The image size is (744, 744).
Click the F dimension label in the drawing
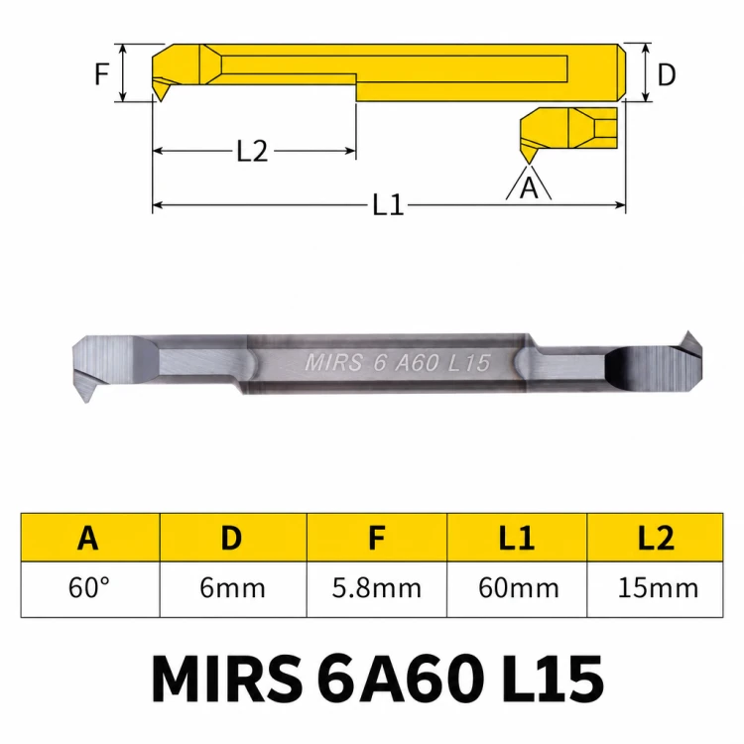[102, 73]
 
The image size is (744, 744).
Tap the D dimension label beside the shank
[667, 74]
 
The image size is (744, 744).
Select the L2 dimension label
[252, 152]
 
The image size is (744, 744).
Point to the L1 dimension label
[388, 205]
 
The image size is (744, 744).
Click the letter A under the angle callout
[529, 187]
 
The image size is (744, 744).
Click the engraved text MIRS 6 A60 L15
[397, 363]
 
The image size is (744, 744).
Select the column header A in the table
[88, 538]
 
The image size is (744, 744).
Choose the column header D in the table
[231, 538]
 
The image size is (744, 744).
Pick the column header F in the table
[377, 538]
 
